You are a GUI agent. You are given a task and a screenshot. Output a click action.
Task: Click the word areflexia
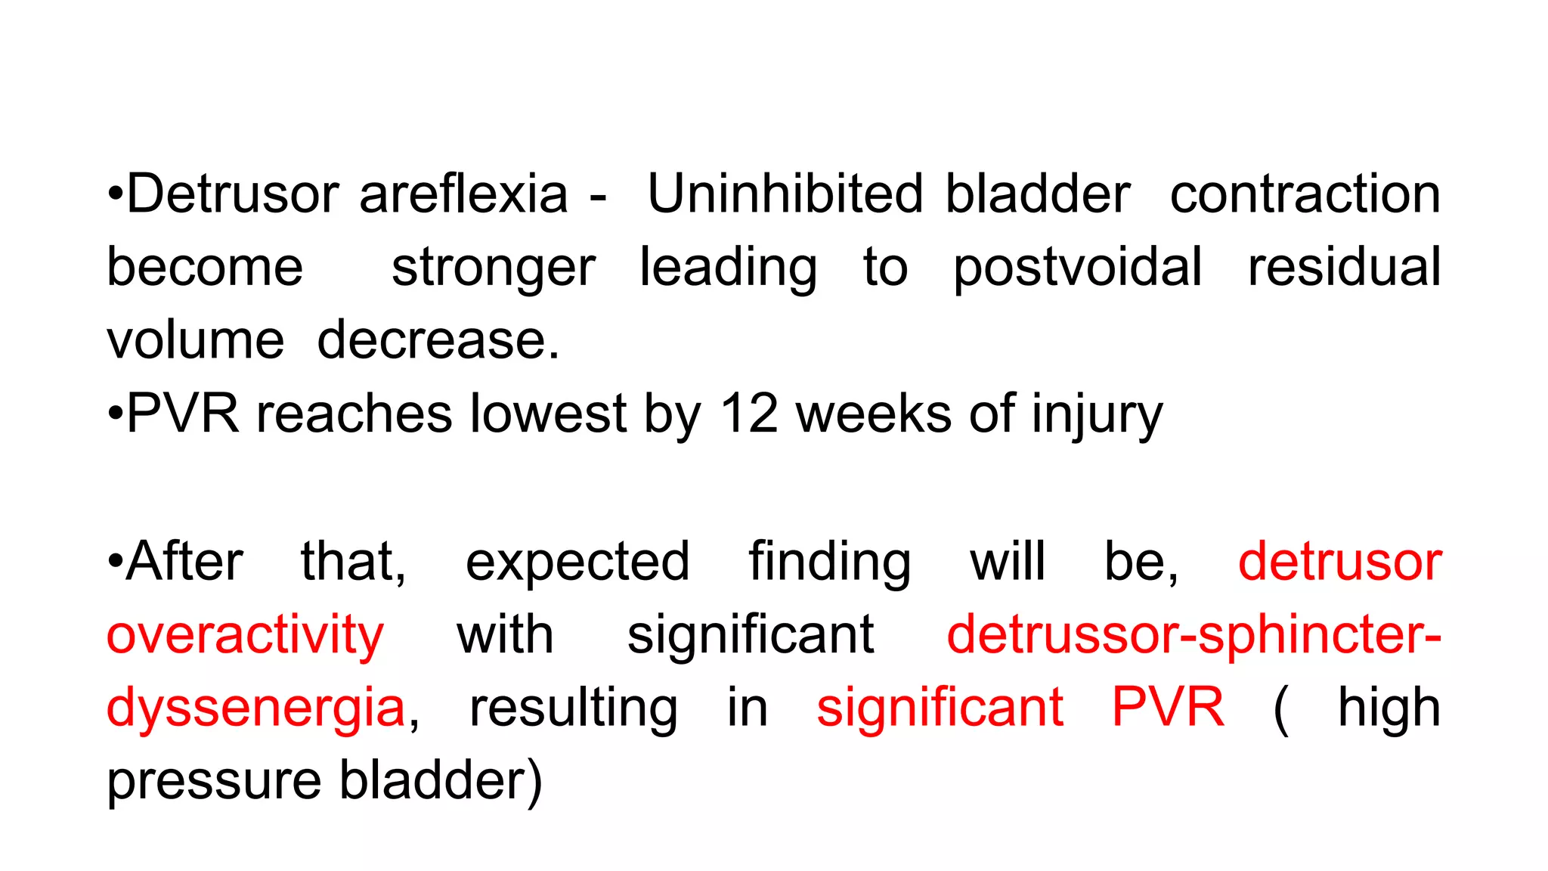click(463, 194)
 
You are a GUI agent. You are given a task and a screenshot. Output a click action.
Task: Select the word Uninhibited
click(785, 194)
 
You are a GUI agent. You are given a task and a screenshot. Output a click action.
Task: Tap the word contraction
click(1305, 194)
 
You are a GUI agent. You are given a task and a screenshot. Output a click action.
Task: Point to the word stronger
click(494, 268)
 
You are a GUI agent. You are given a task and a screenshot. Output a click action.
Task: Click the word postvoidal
click(1077, 268)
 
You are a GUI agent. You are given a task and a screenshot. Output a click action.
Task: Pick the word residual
click(1344, 267)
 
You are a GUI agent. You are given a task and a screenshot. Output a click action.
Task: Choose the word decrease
click(438, 340)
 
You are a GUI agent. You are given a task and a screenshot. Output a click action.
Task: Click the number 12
click(748, 414)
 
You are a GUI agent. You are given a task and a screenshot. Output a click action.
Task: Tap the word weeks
click(874, 414)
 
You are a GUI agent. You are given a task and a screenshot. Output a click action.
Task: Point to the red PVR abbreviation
click(1168, 708)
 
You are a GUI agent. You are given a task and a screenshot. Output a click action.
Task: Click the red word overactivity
click(245, 635)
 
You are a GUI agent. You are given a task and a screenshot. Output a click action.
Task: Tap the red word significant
click(940, 708)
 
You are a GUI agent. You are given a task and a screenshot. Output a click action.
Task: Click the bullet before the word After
click(115, 563)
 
